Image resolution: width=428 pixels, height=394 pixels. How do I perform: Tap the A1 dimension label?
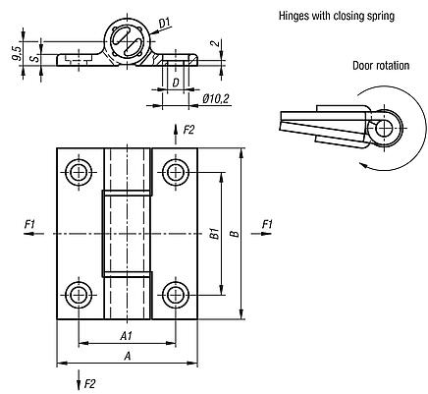click(x=128, y=334)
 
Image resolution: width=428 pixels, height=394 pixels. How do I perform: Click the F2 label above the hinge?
click(x=189, y=129)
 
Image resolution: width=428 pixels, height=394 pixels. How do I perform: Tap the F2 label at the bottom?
click(x=90, y=382)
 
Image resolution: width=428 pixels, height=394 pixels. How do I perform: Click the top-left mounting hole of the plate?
click(x=79, y=174)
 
